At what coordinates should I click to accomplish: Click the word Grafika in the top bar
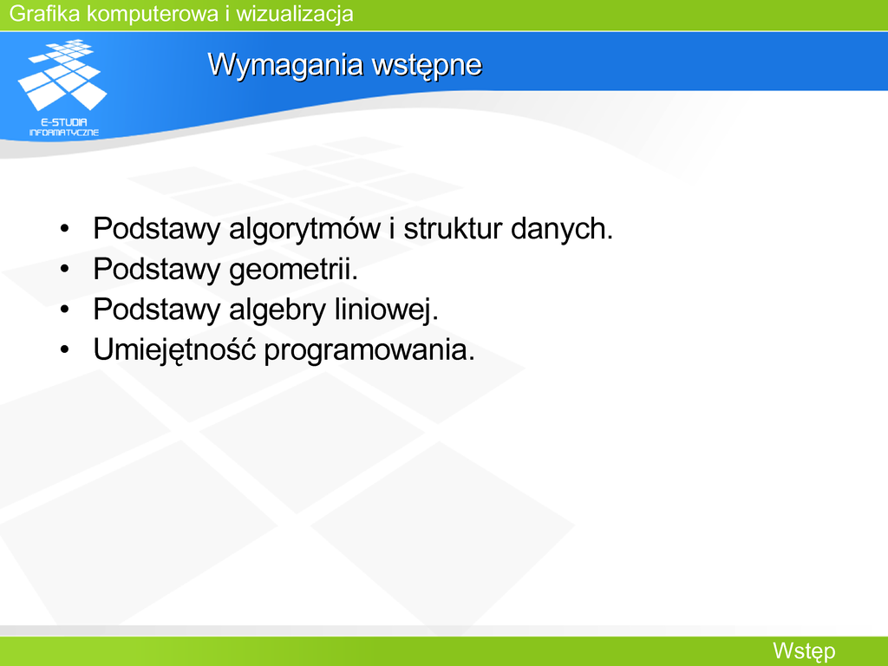point(45,14)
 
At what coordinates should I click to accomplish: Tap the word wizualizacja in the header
point(295,14)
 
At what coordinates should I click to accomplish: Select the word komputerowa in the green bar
point(153,14)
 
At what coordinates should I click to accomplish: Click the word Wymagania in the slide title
point(286,64)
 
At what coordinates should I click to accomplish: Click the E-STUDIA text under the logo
point(64,121)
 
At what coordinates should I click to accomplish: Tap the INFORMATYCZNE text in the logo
point(64,133)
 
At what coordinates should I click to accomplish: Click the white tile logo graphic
point(62,75)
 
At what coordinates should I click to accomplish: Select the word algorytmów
point(304,229)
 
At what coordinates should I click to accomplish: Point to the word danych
point(561,229)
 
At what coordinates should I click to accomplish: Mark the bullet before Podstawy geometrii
point(64,269)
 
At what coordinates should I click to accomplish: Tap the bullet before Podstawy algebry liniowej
point(64,310)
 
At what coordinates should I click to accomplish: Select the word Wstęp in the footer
point(804,651)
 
